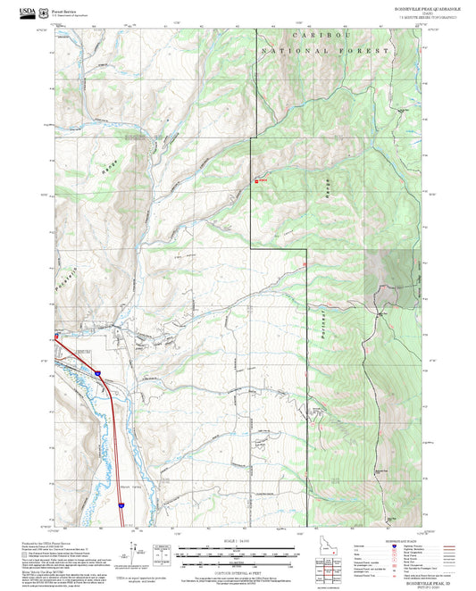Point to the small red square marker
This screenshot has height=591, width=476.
[x=258, y=181]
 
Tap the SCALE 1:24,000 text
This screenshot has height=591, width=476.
[x=238, y=541]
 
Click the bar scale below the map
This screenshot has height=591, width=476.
[x=238, y=554]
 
